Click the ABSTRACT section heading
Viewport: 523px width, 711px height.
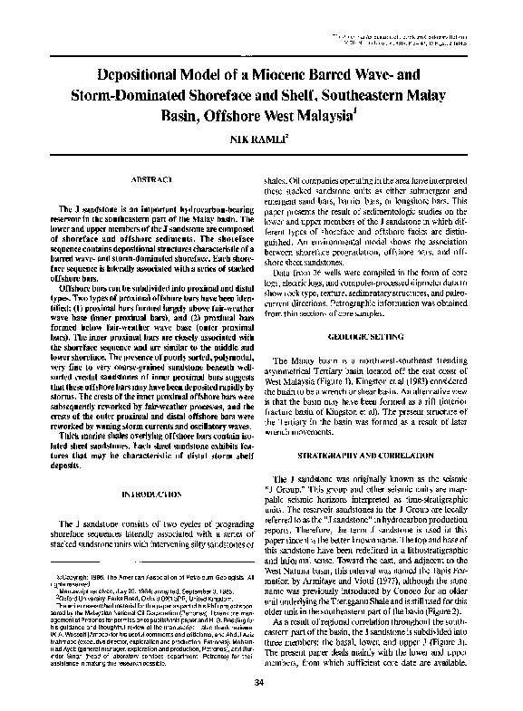tap(145, 181)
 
